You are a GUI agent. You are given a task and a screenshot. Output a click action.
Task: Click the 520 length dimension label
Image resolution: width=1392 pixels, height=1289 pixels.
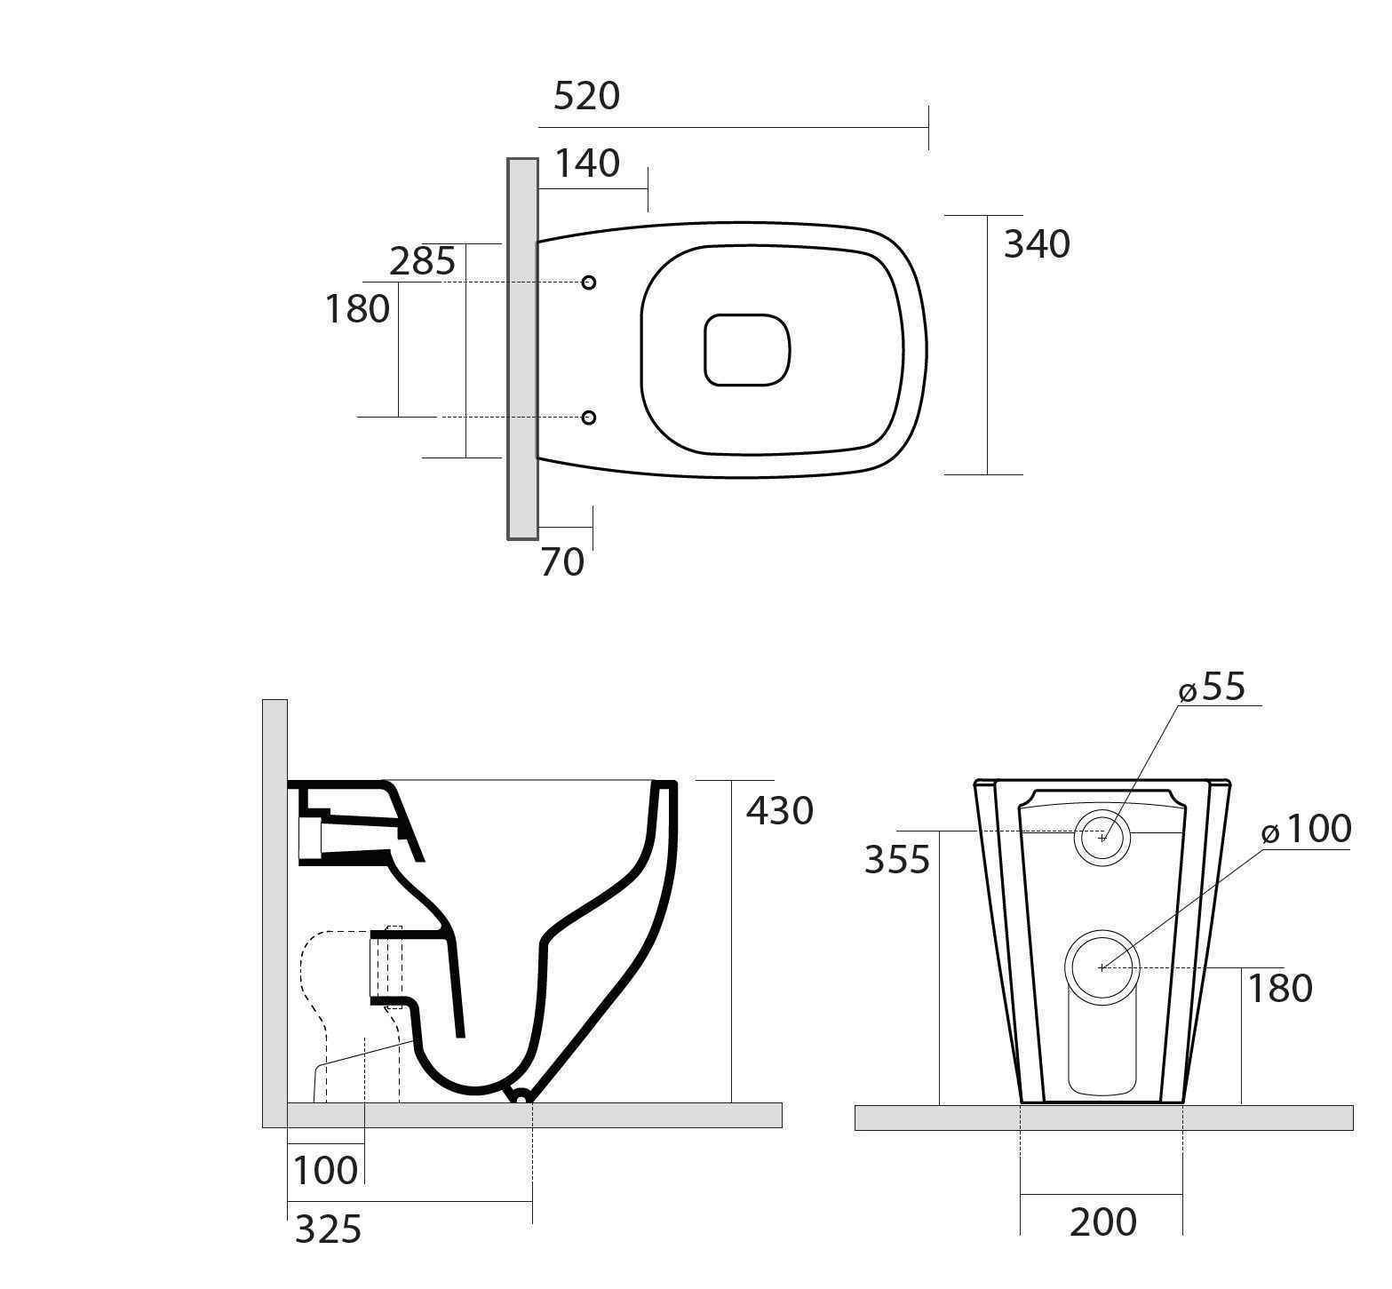[586, 96]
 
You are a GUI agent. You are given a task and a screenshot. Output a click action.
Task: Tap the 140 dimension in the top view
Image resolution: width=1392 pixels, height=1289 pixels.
[586, 163]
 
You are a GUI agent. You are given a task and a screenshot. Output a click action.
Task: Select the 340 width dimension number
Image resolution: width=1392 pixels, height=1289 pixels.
[1037, 243]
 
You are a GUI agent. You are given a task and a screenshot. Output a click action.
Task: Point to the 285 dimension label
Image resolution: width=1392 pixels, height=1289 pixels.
[423, 261]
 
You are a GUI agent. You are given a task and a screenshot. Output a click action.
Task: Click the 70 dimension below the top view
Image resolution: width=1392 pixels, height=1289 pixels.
[562, 561]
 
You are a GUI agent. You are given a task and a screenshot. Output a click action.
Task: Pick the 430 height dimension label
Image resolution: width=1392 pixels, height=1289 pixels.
[779, 811]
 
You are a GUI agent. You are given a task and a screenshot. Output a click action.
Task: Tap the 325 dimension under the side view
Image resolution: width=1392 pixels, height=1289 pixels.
[328, 1229]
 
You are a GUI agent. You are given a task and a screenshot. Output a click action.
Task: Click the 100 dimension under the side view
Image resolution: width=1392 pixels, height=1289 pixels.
[325, 1170]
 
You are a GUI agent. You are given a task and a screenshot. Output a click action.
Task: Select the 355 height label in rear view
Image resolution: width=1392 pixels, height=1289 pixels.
[897, 860]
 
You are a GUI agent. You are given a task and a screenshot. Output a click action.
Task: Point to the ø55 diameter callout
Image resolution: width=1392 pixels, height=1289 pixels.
[1213, 688]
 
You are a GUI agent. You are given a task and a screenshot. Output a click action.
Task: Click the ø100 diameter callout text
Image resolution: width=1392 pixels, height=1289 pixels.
[1307, 830]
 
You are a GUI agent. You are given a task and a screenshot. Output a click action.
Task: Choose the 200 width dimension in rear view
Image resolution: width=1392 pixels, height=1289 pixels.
[1102, 1222]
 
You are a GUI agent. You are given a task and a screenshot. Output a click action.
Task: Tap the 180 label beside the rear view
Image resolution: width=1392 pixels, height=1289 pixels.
[1280, 989]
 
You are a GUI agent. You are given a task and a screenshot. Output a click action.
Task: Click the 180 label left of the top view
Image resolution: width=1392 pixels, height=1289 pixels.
[357, 309]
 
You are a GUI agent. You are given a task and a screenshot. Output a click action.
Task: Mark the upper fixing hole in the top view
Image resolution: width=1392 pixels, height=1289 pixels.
[588, 282]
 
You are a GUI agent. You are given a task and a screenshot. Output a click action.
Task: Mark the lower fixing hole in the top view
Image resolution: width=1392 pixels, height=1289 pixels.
[588, 418]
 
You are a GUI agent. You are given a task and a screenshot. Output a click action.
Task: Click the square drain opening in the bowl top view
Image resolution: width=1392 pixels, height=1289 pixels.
[747, 349]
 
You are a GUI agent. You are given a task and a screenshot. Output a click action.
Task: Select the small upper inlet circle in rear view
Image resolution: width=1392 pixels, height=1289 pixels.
[1103, 837]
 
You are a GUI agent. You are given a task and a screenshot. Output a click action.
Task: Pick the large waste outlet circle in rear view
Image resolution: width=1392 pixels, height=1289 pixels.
[1102, 967]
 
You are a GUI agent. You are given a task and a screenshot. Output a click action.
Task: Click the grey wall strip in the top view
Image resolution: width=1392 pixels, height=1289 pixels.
[522, 348]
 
